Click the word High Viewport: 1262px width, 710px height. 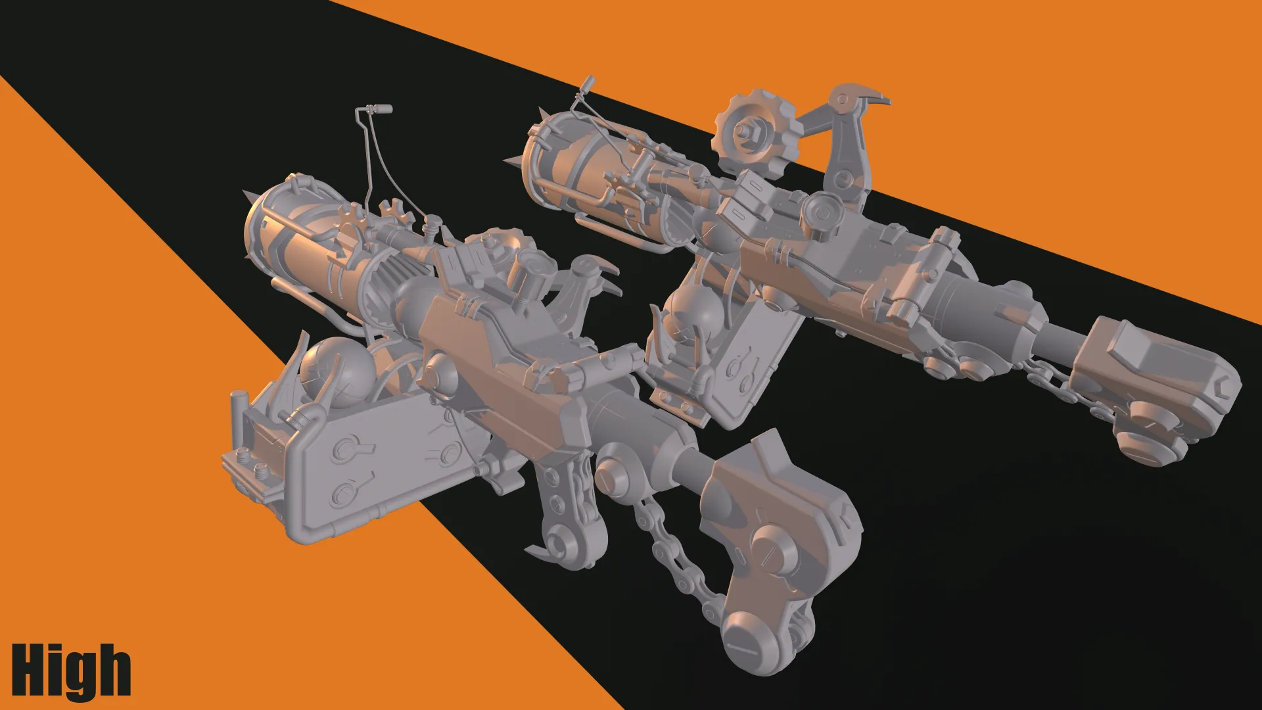(x=71, y=671)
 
